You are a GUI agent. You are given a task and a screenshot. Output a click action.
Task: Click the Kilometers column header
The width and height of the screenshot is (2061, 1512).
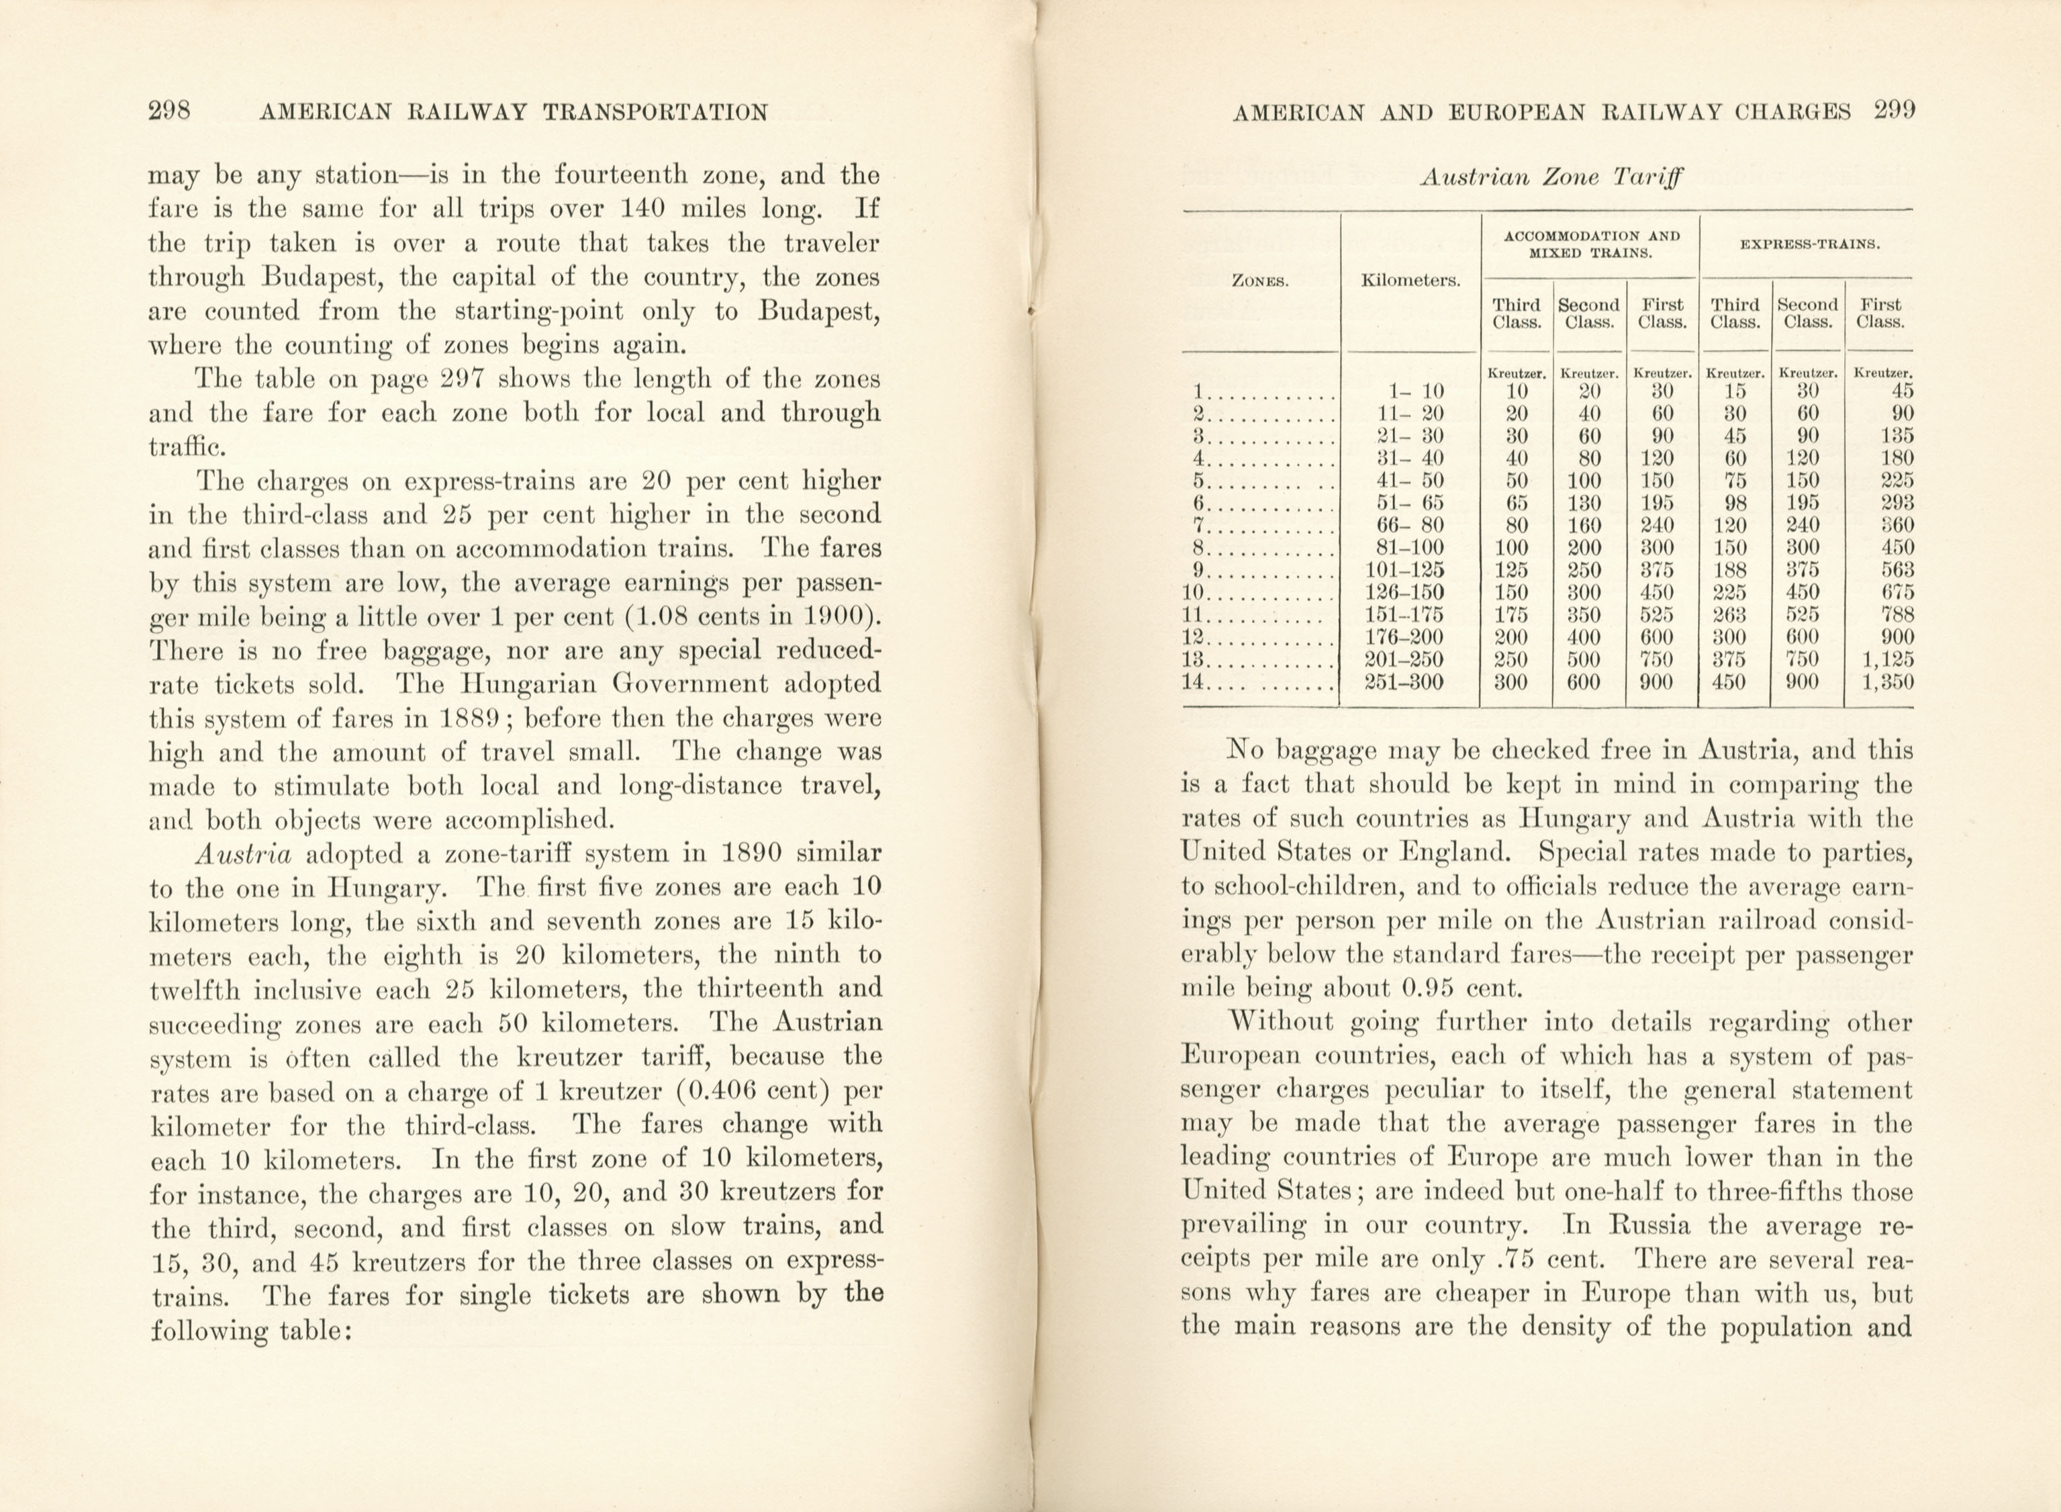[1410, 280]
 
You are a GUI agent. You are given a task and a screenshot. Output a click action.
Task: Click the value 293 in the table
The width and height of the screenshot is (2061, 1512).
[1897, 502]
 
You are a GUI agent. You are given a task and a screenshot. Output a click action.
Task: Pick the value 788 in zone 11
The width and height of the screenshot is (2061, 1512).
[1897, 615]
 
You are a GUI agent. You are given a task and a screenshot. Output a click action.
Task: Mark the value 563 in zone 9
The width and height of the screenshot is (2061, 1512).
[1897, 570]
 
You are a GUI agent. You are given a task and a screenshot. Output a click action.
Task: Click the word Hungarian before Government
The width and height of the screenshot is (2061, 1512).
[531, 685]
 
